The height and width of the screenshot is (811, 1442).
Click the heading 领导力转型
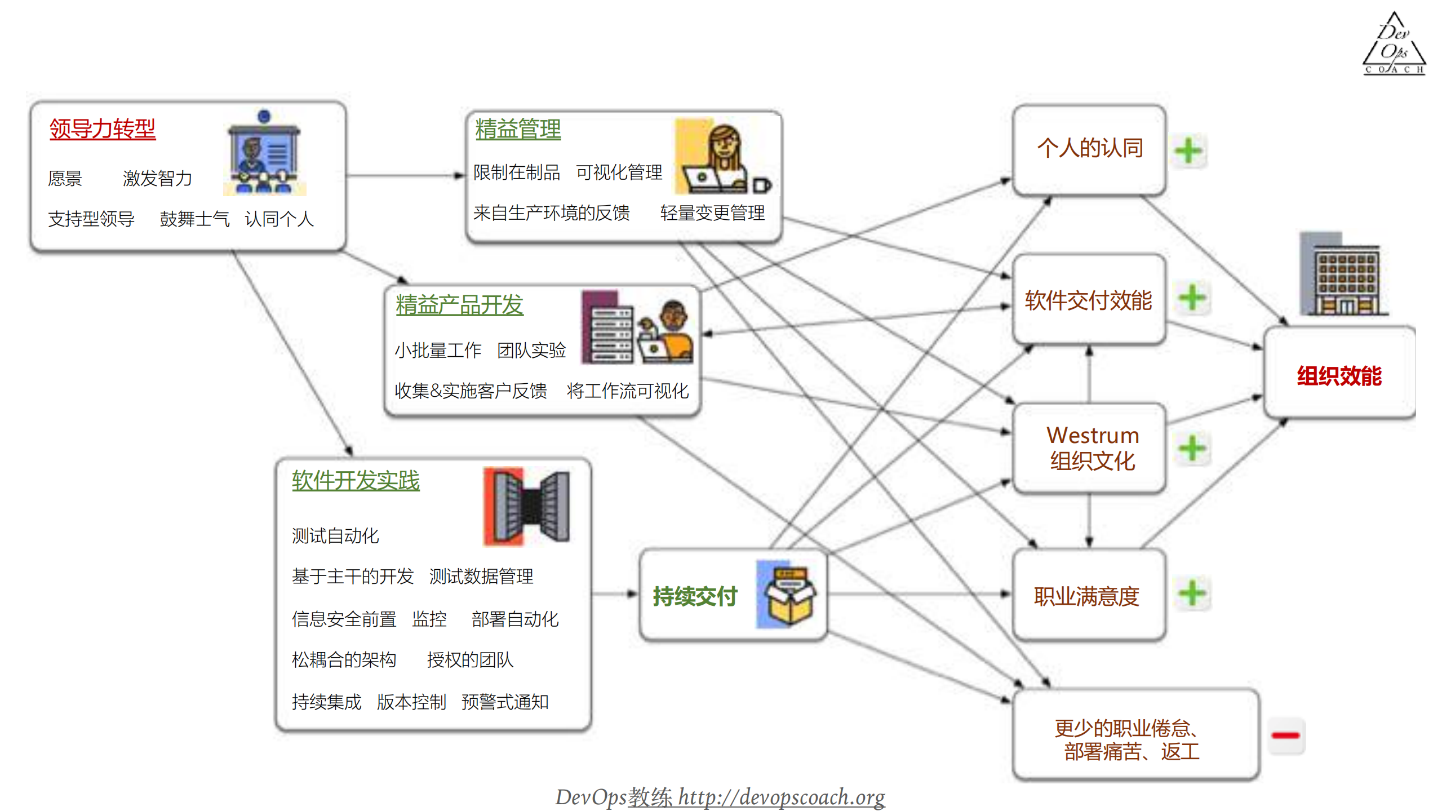pos(102,129)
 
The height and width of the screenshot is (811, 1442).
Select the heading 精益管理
pos(517,129)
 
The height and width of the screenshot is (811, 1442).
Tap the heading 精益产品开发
pos(459,305)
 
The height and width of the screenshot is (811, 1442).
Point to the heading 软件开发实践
pos(355,481)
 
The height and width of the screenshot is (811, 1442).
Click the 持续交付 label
pos(695,596)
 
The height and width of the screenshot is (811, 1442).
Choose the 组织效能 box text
pos(1339,376)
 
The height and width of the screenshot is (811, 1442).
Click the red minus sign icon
pos(1286,735)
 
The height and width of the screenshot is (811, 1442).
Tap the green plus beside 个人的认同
pos(1188,150)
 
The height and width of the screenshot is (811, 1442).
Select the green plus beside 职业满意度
pos(1192,593)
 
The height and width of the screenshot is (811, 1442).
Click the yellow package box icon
pos(788,594)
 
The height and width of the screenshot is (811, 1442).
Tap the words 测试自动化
pos(335,535)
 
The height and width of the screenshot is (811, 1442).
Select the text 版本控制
pos(411,702)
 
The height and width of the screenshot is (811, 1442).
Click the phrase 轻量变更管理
pos(712,213)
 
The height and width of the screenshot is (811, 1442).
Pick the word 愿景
pos(65,179)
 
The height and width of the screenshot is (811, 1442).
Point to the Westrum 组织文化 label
pos(1092,448)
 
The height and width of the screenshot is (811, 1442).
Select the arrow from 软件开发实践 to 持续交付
pos(615,593)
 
